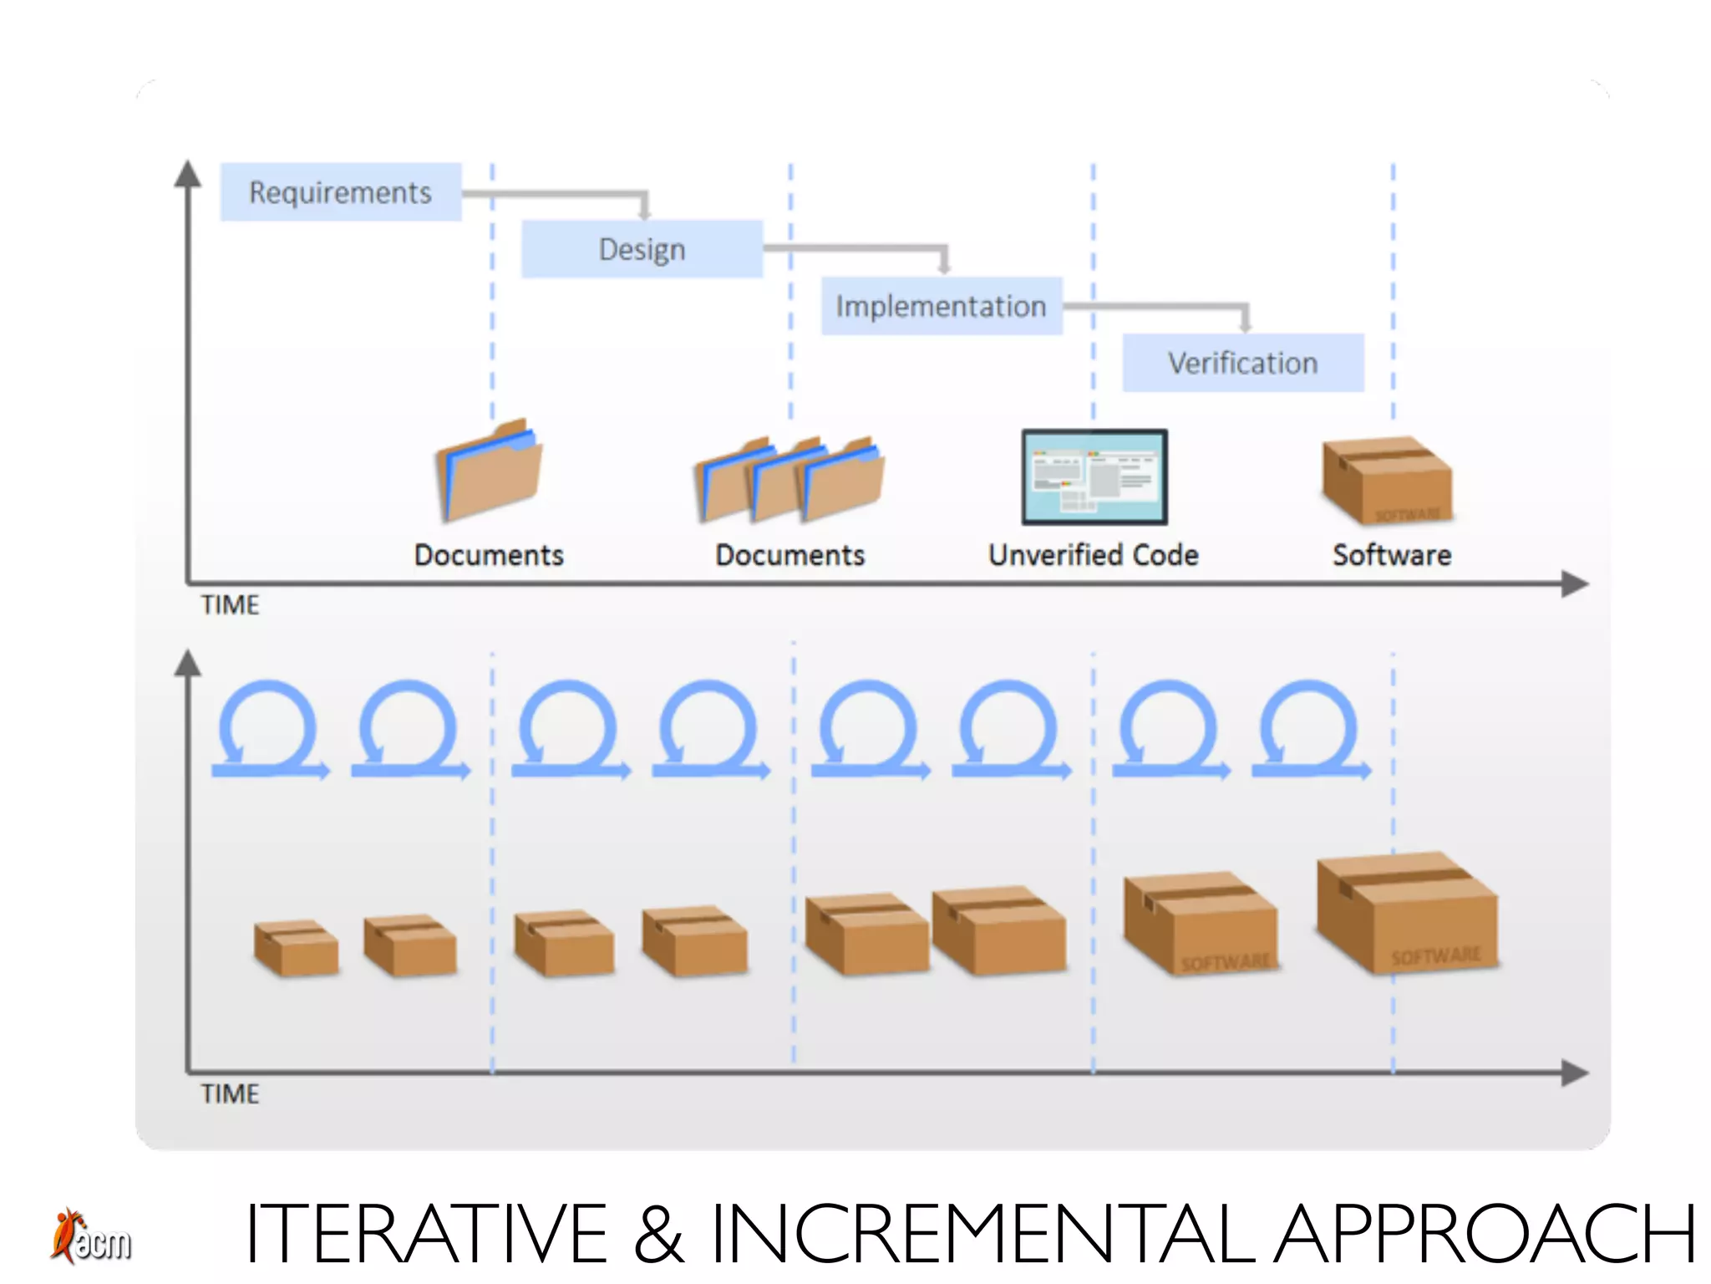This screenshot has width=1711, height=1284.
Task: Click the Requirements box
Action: tap(340, 192)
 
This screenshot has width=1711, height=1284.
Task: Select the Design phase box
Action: tap(642, 249)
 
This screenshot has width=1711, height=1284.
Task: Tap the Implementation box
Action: tap(941, 306)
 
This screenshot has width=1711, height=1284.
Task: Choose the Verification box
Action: tap(1242, 363)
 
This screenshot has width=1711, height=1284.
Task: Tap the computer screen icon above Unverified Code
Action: tap(1094, 477)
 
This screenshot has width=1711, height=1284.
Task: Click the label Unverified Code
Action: tap(1093, 555)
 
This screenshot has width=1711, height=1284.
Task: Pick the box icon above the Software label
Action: tap(1387, 481)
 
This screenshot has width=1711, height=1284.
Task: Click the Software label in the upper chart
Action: tap(1391, 555)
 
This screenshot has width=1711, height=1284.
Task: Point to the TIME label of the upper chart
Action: tap(230, 604)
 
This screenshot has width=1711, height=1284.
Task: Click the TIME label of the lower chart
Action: tap(230, 1093)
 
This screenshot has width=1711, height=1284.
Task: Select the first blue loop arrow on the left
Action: tap(269, 731)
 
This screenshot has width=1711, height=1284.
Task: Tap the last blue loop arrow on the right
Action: tap(1310, 731)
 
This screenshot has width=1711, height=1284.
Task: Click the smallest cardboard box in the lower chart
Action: tap(297, 948)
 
